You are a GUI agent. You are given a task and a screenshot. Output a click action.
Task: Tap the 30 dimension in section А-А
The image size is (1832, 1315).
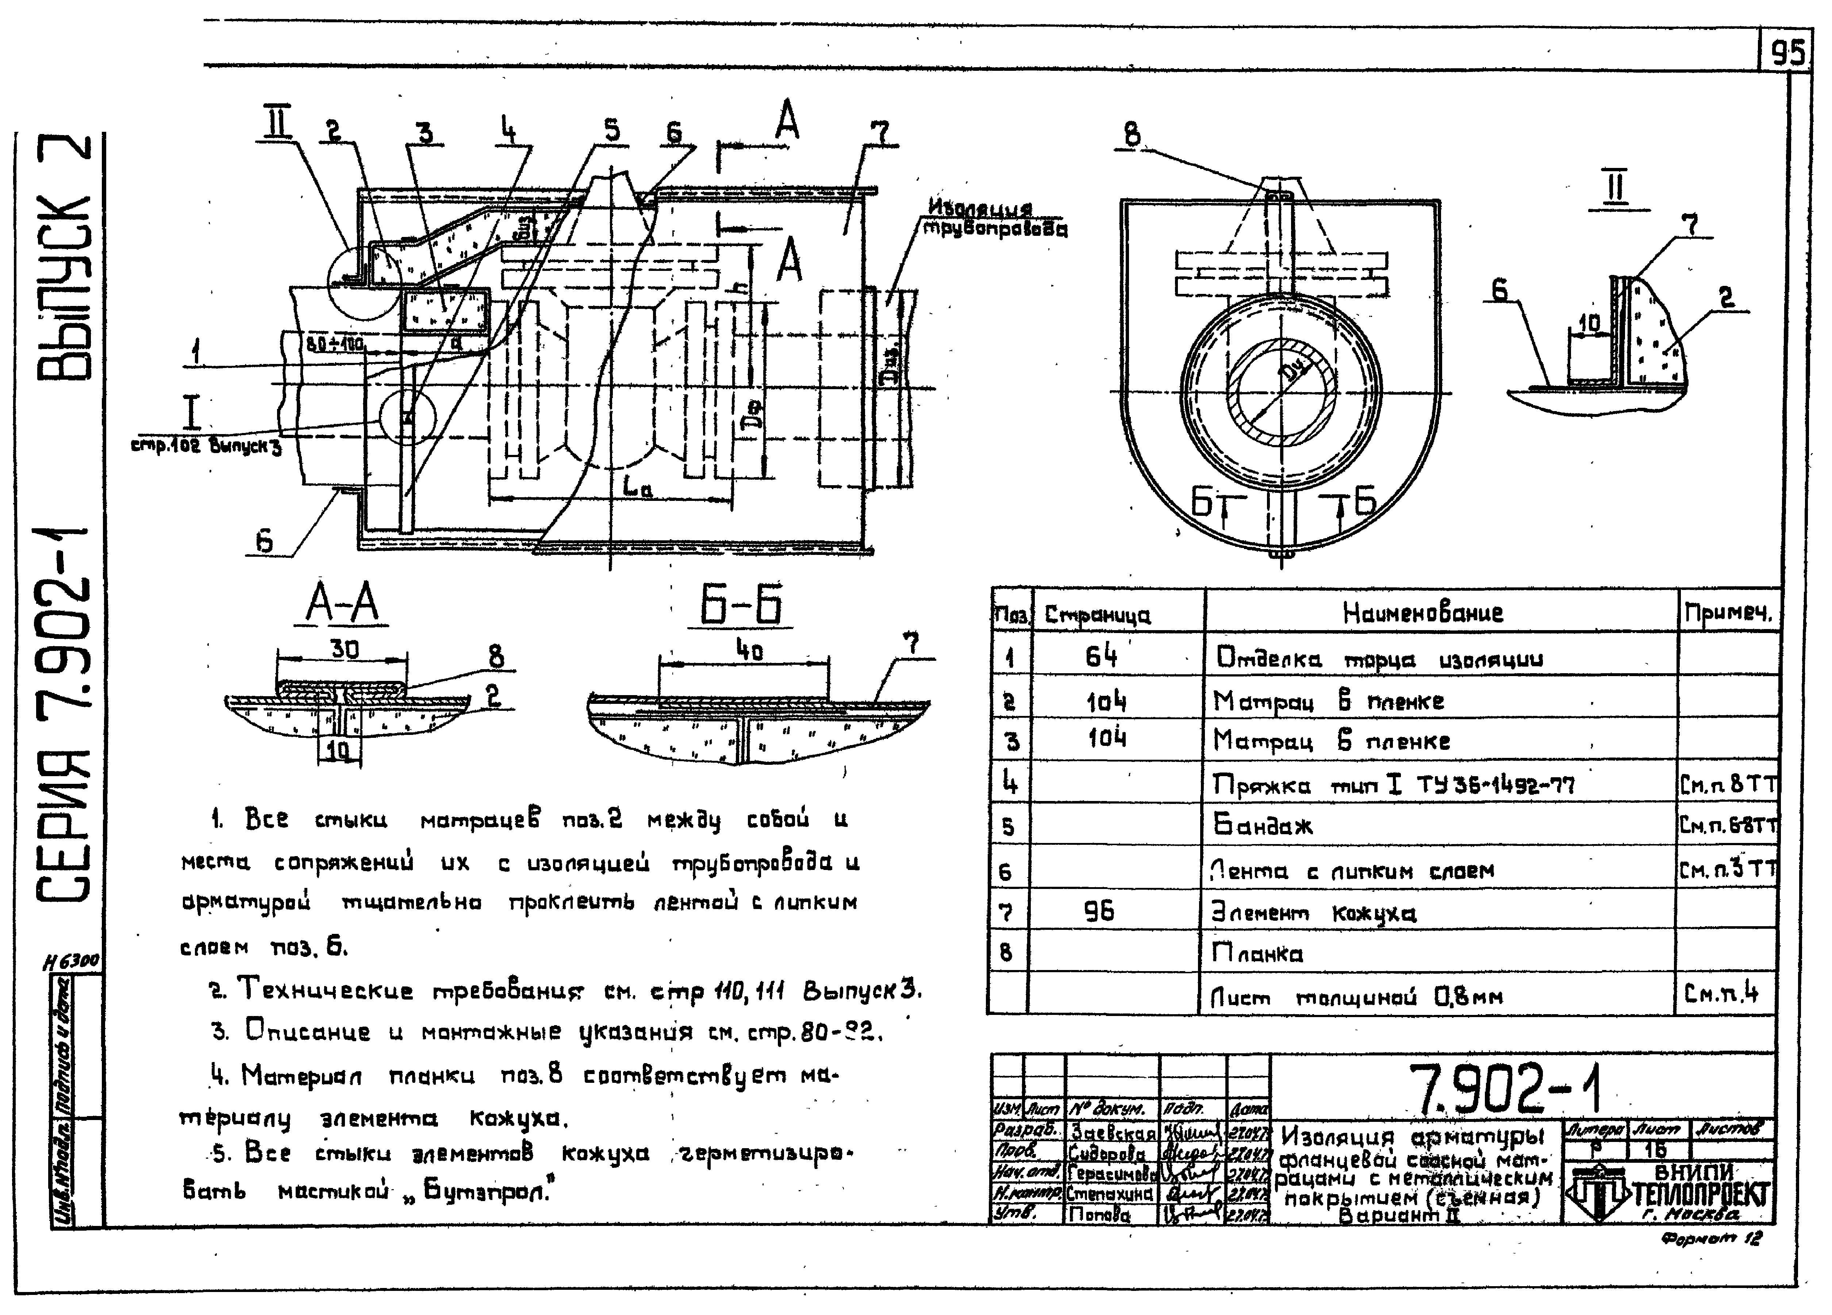[x=344, y=649]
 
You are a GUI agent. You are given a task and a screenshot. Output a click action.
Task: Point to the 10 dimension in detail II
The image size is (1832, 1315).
[x=1589, y=324]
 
